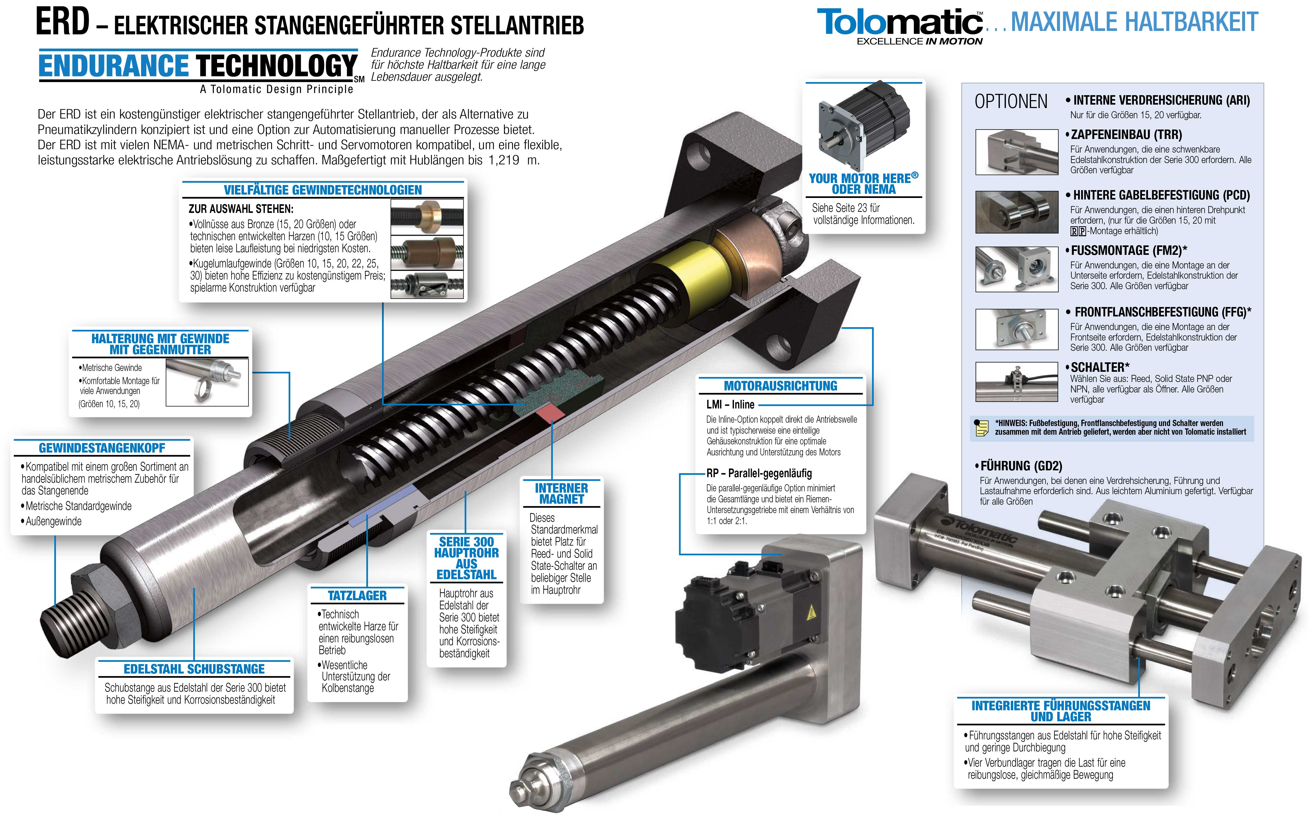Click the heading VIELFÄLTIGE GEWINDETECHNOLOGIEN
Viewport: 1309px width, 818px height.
coord(323,190)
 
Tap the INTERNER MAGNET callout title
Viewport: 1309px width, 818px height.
coord(561,493)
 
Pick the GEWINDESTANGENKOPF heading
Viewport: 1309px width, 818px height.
coord(102,448)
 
